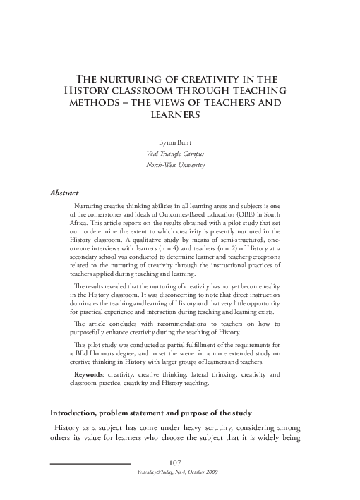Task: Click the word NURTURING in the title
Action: (x=139, y=79)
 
